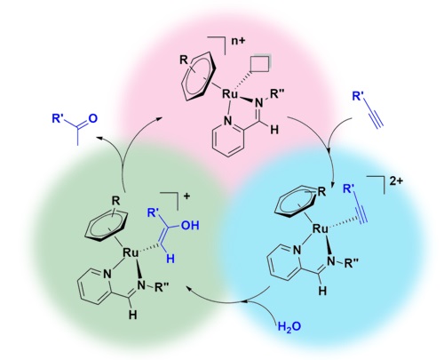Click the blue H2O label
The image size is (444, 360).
[x=289, y=326]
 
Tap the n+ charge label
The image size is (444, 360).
[x=238, y=41]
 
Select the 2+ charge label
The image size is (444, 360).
[x=396, y=181]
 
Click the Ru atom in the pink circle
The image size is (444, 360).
[x=230, y=94]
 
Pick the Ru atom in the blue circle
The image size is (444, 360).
[x=321, y=228]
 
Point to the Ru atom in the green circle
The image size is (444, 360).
[x=131, y=252]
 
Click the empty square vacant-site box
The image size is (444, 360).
[x=260, y=63]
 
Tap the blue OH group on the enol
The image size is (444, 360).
[x=190, y=225]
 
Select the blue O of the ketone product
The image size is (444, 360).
[x=92, y=118]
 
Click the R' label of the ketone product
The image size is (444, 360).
[x=58, y=118]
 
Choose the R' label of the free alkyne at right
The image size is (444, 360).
[x=358, y=96]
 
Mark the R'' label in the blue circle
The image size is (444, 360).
[x=352, y=263]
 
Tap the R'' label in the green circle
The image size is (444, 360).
[x=162, y=287]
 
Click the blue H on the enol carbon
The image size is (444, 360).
[x=170, y=259]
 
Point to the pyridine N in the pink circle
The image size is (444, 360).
[x=227, y=121]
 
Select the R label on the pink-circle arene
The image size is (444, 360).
[x=184, y=60]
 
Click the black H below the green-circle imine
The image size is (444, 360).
[x=133, y=315]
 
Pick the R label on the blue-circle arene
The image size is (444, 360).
[x=321, y=192]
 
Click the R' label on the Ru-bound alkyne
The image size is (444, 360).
[x=349, y=188]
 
